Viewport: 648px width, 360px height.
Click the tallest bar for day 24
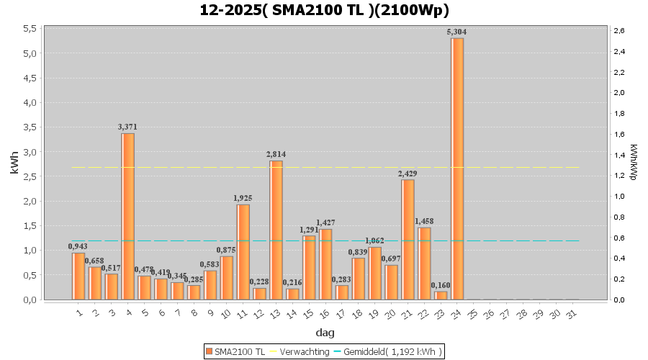457,168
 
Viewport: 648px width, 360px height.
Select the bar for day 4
127,216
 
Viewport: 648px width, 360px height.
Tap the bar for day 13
276,230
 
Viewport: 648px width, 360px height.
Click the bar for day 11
243,251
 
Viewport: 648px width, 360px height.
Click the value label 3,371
127,127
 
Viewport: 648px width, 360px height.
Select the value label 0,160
441,285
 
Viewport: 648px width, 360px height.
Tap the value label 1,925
243,198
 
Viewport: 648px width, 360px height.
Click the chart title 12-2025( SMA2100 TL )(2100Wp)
324,10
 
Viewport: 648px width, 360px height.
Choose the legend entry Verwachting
302,351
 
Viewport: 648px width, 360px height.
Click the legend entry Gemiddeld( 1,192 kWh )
392,351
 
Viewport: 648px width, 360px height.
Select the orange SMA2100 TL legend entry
236,351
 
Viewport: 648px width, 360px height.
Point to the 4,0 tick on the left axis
30,102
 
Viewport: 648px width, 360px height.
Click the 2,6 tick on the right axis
618,30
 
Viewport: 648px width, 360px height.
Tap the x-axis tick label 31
571,314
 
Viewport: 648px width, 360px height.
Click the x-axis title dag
324,333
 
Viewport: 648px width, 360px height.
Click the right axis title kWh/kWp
634,164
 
